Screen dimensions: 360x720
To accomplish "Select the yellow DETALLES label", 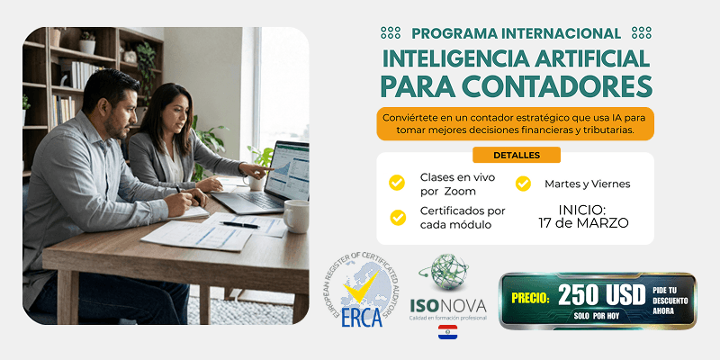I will (516, 155).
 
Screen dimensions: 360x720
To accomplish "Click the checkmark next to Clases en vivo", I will (397, 183).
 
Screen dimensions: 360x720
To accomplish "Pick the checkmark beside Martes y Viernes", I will (523, 184).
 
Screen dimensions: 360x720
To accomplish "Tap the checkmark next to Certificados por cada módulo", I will (397, 217).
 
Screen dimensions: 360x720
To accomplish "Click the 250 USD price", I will (601, 294).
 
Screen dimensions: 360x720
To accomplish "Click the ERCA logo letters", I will (364, 319).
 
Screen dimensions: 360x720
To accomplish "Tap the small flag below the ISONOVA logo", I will (447, 333).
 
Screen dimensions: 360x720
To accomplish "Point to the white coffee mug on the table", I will (296, 216).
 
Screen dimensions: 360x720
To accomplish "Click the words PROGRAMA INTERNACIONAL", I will (516, 33).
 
